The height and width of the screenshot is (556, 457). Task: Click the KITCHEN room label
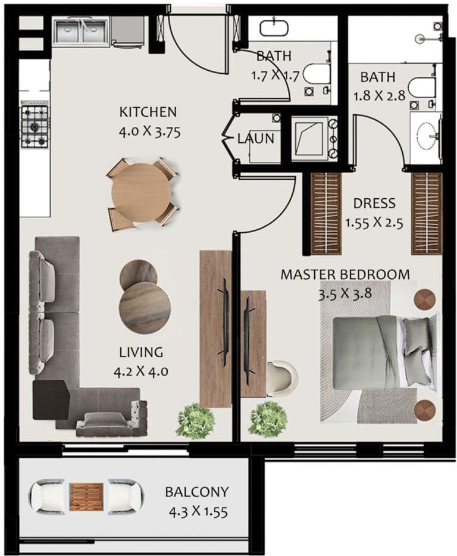[148, 111]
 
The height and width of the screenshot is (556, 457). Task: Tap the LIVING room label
[140, 352]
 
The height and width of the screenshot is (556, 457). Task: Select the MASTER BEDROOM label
[345, 274]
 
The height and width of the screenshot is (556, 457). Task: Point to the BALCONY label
[196, 492]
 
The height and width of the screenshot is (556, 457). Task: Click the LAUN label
[256, 139]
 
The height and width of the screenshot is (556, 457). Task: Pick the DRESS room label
[374, 204]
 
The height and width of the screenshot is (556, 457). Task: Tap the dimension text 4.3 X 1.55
[196, 511]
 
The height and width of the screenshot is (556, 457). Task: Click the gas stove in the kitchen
[35, 126]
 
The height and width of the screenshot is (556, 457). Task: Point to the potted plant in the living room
[195, 420]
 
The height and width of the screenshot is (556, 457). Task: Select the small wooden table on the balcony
[86, 496]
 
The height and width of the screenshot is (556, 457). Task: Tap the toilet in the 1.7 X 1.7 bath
[316, 74]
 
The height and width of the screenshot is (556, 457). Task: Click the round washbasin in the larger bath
[425, 136]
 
